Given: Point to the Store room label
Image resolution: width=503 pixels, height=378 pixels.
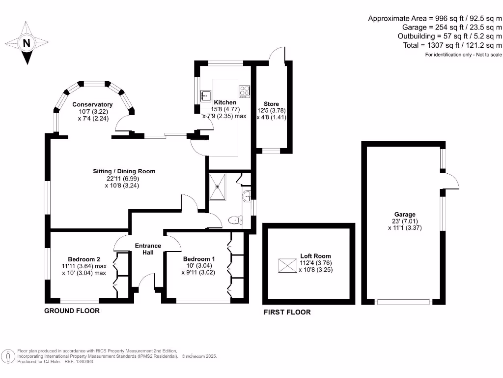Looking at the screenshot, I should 271,104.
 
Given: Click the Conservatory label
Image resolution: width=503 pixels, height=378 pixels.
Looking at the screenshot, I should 92,104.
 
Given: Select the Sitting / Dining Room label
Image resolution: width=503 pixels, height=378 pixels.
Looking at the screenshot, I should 124,171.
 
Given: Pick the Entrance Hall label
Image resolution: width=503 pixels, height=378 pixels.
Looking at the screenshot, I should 148,249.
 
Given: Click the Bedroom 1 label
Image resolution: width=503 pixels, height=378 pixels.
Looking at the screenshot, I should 198,259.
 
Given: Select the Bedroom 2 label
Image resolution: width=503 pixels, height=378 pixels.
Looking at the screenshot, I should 84,259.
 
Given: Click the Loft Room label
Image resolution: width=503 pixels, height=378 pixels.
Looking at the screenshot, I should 315,256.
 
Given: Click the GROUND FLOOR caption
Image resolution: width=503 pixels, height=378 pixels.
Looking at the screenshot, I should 72,311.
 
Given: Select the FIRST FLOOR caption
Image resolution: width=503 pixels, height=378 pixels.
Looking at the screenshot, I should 287,312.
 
